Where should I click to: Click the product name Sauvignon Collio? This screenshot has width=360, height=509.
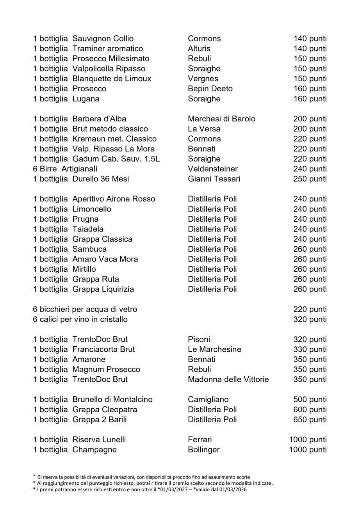click(x=103, y=39)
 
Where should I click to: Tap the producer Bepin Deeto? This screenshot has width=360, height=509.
click(x=210, y=89)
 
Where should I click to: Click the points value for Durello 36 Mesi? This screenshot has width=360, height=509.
click(x=310, y=179)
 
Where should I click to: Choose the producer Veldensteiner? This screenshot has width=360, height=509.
click(x=212, y=169)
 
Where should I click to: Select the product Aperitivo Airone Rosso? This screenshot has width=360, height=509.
click(x=114, y=199)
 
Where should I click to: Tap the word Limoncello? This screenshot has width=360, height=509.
click(x=92, y=209)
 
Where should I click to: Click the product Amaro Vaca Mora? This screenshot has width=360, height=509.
click(x=105, y=259)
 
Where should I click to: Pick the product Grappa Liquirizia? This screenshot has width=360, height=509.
click(x=103, y=289)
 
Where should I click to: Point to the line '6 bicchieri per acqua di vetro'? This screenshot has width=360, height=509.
click(x=85, y=310)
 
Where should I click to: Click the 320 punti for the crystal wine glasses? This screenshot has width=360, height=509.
click(x=310, y=320)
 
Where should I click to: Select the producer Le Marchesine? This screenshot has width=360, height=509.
click(x=214, y=349)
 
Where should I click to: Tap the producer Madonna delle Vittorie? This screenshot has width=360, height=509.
click(x=228, y=379)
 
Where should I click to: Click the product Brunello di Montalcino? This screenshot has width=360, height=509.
click(x=112, y=400)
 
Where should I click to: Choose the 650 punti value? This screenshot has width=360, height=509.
click(x=310, y=420)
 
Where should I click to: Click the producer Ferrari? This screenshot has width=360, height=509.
click(x=200, y=440)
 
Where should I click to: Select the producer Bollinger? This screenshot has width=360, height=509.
click(x=203, y=450)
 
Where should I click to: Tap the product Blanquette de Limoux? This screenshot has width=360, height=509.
click(x=112, y=79)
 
